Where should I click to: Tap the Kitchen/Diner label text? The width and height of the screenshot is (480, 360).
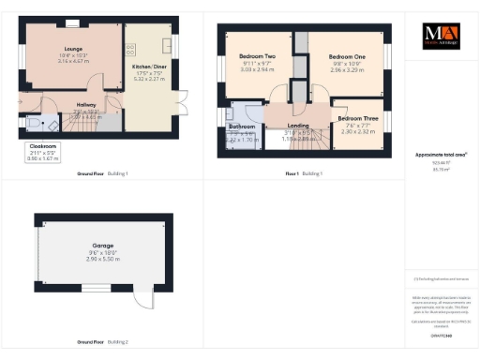pos(148,68)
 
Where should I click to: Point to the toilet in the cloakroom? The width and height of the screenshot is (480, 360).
pos(35,125)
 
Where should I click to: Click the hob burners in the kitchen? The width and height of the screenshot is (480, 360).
pos(130,49)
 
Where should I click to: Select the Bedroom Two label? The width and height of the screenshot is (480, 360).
pos(256,56)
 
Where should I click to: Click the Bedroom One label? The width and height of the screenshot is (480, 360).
pos(347,56)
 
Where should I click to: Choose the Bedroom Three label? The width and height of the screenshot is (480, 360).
pos(358,119)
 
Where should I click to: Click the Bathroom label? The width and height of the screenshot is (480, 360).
pos(242,126)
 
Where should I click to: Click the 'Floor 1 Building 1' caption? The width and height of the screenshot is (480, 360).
pos(305,173)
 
